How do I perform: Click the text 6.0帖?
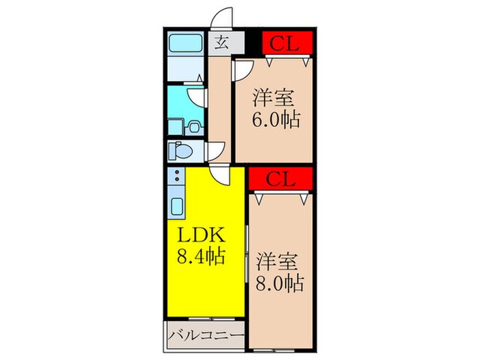pyautogui.click(x=276, y=121)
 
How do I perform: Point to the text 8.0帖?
pyautogui.click(x=281, y=282)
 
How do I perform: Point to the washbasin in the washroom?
pyautogui.click(x=193, y=126)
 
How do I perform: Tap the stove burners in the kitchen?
pyautogui.click(x=176, y=178)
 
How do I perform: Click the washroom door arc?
pyautogui.click(x=197, y=97)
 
